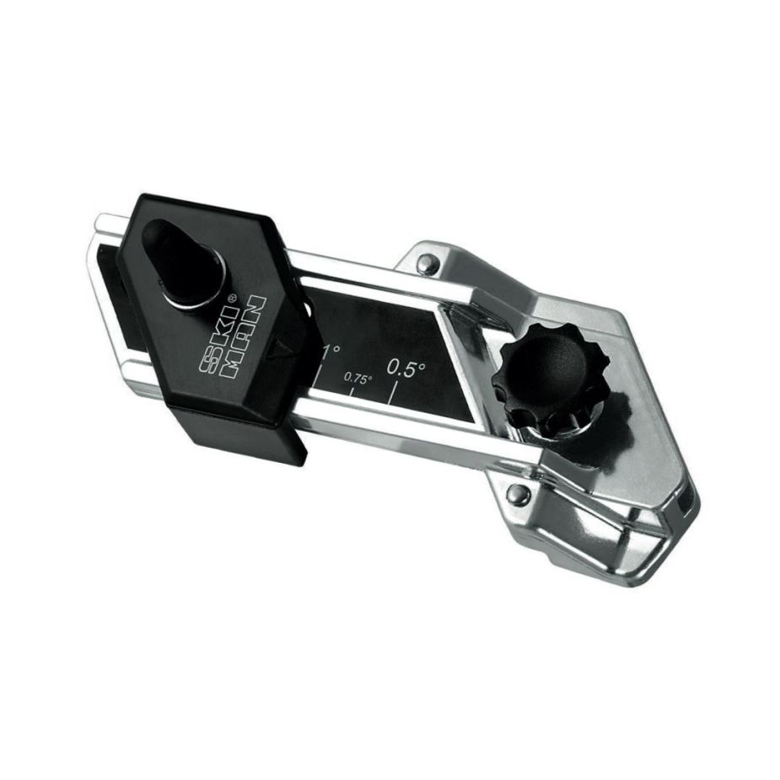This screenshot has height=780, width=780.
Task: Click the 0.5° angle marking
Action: (406, 368)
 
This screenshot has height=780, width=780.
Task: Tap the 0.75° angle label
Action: (358, 378)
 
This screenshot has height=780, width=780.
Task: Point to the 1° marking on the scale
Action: (331, 352)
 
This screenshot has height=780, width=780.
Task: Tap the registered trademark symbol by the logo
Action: (231, 299)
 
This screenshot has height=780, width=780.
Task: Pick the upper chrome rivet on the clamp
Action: (426, 263)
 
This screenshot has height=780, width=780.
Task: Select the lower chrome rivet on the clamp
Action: (519, 493)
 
